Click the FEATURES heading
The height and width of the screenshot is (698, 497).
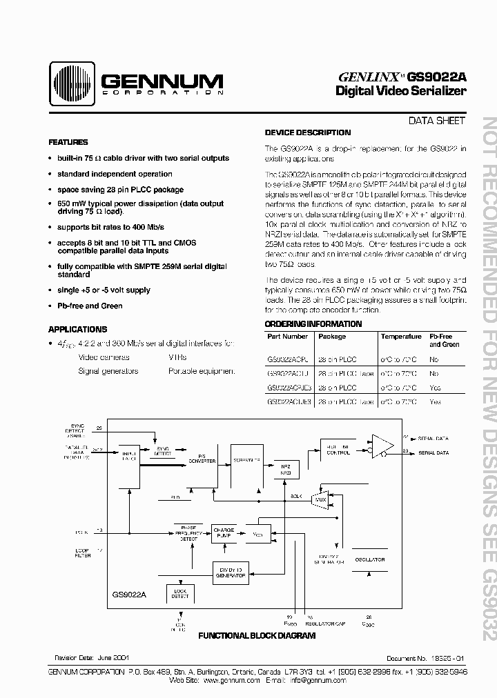pos(68,142)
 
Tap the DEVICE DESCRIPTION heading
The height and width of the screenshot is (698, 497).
pos(308,132)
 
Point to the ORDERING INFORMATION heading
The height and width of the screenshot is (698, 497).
pos(313,324)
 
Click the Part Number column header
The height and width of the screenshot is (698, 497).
pos(287,337)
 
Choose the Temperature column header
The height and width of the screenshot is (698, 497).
pos(401,337)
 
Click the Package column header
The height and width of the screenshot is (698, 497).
pos(331,337)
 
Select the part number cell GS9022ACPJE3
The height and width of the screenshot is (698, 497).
pos(289,388)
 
